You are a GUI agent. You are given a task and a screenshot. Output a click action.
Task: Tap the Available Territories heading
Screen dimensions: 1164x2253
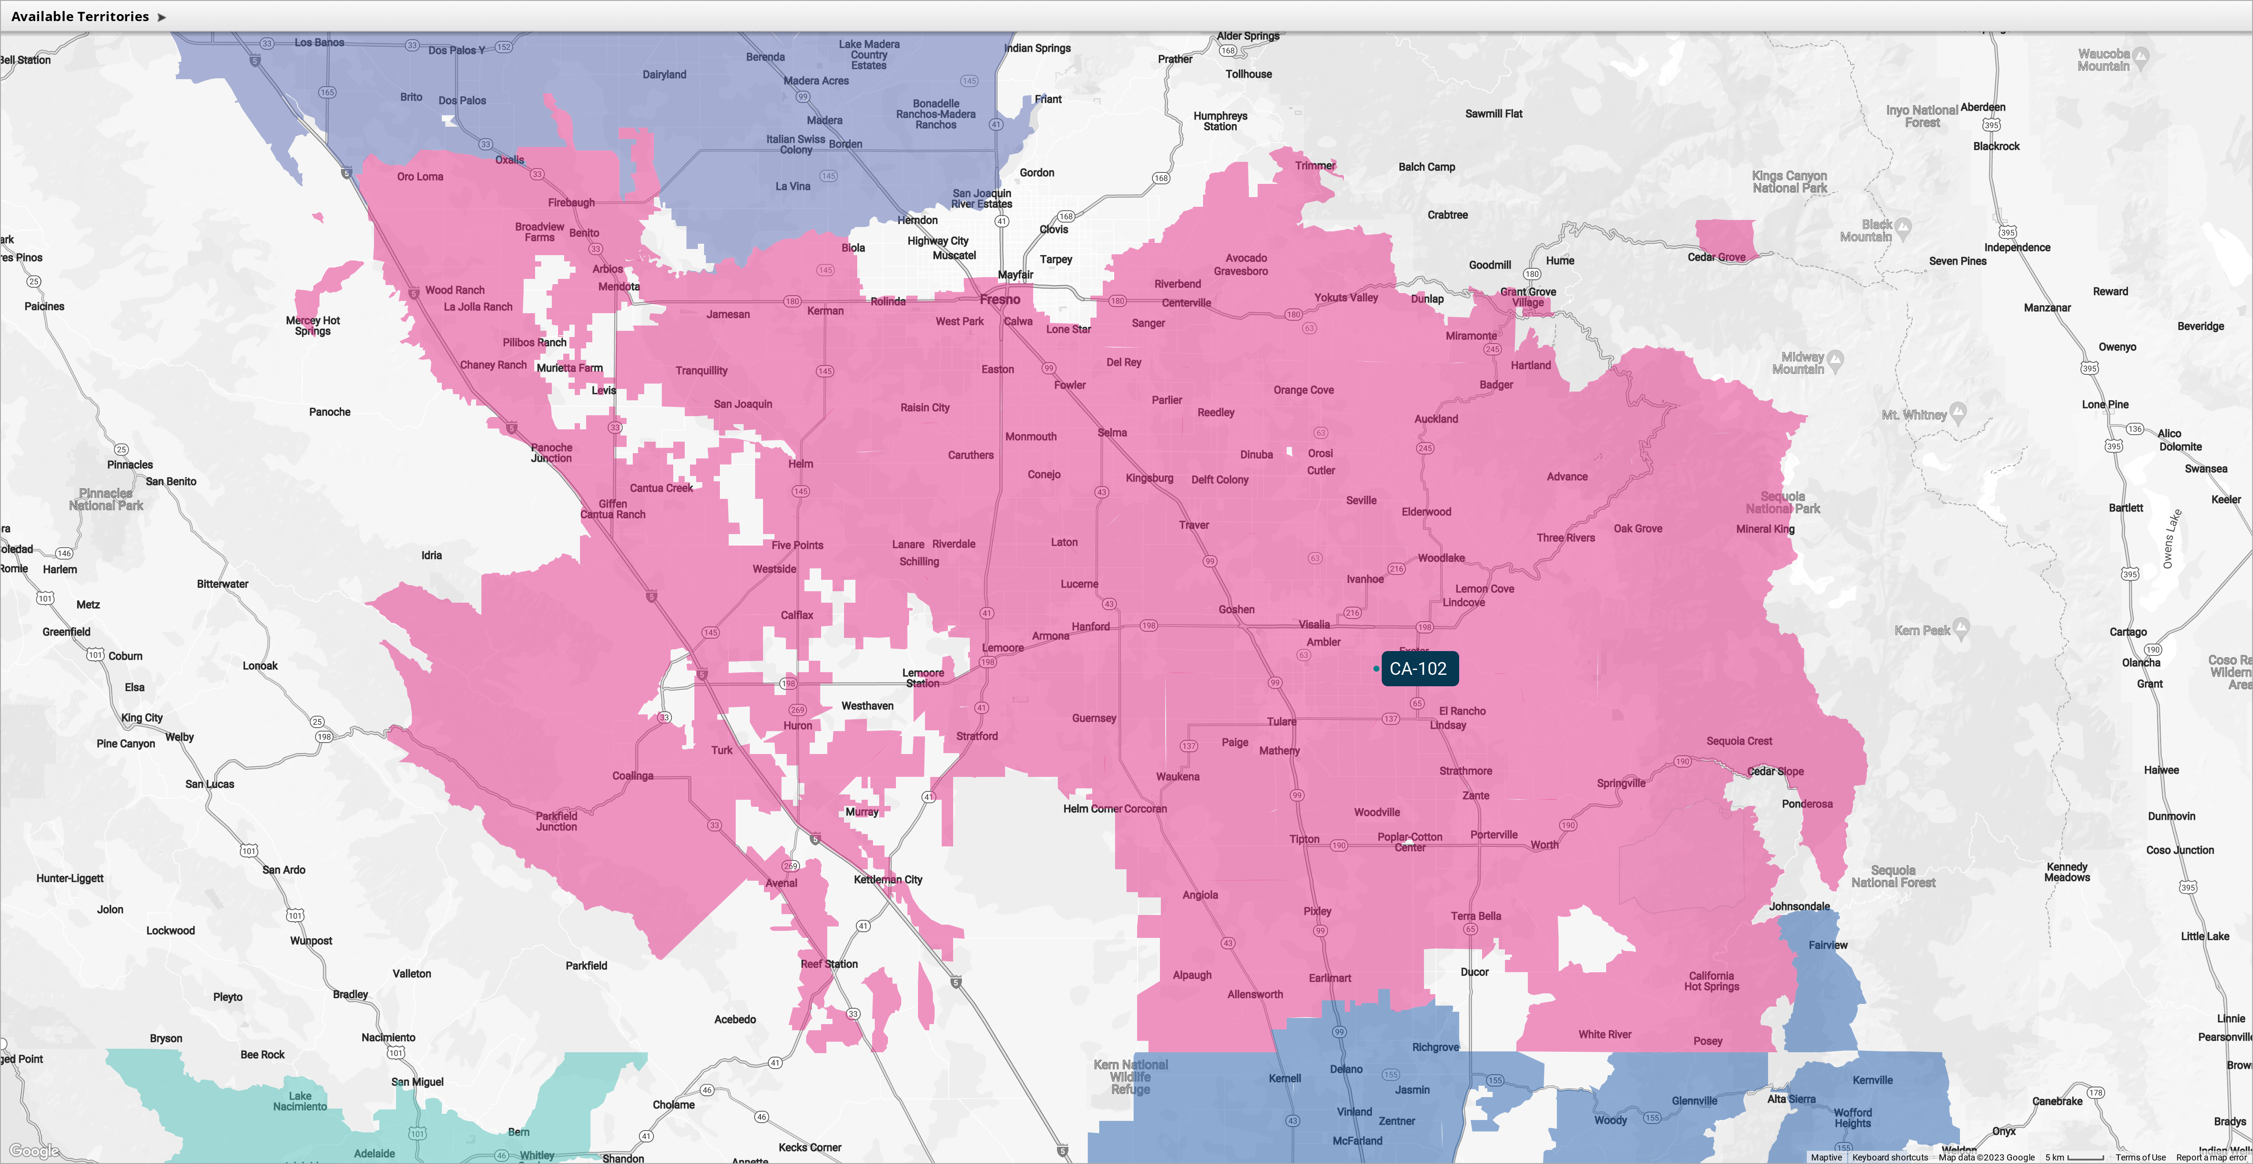[81, 17]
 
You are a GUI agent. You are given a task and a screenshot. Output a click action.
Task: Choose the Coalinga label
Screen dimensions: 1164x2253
[632, 776]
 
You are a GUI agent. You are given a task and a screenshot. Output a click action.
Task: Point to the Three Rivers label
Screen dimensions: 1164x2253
[1566, 538]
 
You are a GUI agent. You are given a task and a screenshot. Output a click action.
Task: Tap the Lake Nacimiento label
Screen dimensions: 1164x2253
[300, 1101]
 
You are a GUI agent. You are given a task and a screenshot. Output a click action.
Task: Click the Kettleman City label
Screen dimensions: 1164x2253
[888, 880]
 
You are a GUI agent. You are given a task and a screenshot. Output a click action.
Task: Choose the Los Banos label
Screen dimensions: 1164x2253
[319, 42]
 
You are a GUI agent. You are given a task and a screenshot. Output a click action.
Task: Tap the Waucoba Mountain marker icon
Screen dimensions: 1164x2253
[2140, 58]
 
